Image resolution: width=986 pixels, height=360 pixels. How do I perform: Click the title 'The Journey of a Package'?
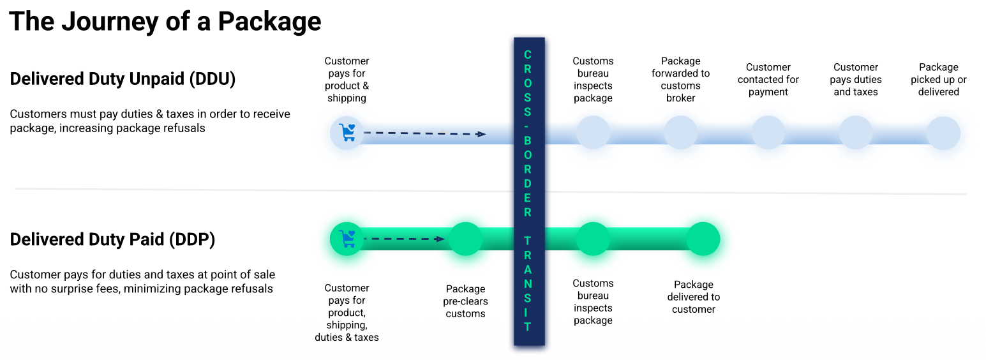click(165, 22)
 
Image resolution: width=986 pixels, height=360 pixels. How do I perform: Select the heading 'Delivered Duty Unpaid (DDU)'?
click(123, 79)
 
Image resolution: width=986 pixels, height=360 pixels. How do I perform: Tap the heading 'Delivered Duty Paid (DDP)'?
click(112, 239)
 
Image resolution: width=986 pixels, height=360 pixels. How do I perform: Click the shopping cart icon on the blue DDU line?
click(347, 133)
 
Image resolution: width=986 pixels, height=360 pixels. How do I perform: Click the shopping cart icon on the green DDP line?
click(347, 239)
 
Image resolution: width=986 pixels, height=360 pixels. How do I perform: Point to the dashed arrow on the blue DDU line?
click(424, 133)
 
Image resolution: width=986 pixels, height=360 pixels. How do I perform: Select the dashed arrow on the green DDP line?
click(404, 239)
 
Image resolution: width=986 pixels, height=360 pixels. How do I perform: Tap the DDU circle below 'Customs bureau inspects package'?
click(593, 133)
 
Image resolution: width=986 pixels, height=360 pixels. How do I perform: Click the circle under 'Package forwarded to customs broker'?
click(680, 133)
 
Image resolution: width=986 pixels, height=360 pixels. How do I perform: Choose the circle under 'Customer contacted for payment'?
click(768, 133)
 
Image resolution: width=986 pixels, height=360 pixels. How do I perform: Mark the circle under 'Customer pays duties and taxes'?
click(856, 133)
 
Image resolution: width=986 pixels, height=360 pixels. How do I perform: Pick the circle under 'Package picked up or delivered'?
click(943, 133)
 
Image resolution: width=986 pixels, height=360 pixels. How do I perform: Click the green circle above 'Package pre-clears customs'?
click(465, 239)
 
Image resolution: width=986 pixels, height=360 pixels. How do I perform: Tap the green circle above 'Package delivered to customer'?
click(703, 239)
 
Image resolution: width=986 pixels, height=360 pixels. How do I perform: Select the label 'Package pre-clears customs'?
click(465, 301)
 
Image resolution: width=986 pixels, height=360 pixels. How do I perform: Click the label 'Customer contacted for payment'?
click(768, 80)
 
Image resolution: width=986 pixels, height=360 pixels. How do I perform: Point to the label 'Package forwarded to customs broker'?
click(680, 80)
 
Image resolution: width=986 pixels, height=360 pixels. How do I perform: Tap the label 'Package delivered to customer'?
click(694, 297)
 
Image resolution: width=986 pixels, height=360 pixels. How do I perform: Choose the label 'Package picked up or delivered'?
click(938, 80)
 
